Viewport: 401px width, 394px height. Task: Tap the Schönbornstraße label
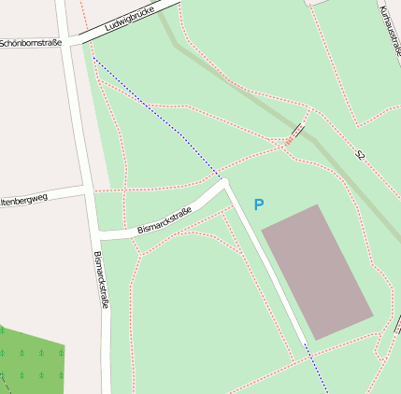[30, 43]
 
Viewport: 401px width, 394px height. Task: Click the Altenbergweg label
[24, 200]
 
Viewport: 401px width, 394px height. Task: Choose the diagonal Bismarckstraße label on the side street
[164, 221]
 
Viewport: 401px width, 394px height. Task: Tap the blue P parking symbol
[259, 204]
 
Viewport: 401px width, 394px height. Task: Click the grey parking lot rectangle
[317, 271]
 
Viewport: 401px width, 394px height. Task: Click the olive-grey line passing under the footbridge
[234, 84]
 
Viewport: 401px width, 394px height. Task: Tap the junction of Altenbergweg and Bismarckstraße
[91, 190]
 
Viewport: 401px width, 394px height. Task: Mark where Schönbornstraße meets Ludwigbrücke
[68, 42]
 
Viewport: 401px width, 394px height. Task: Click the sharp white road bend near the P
[225, 183]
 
